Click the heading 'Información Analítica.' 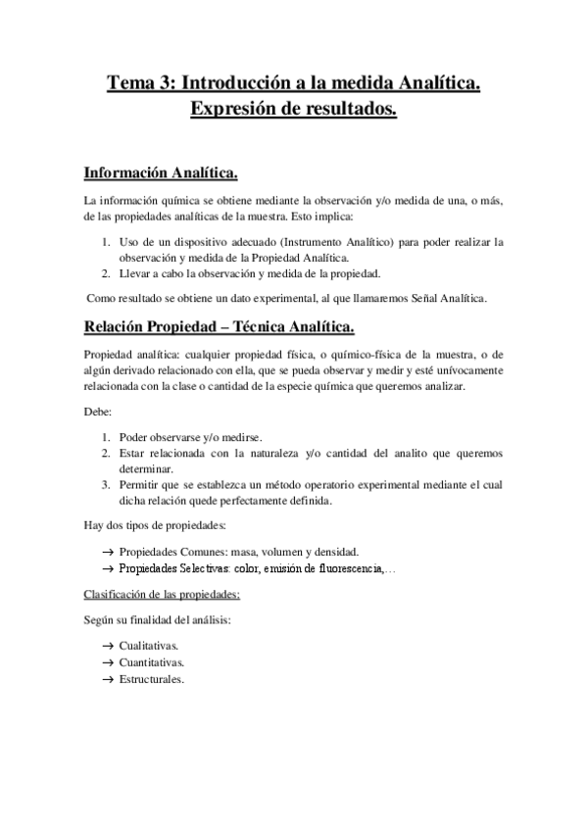(x=161, y=174)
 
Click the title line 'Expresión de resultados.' (x=293, y=112)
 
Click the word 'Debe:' (x=99, y=413)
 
